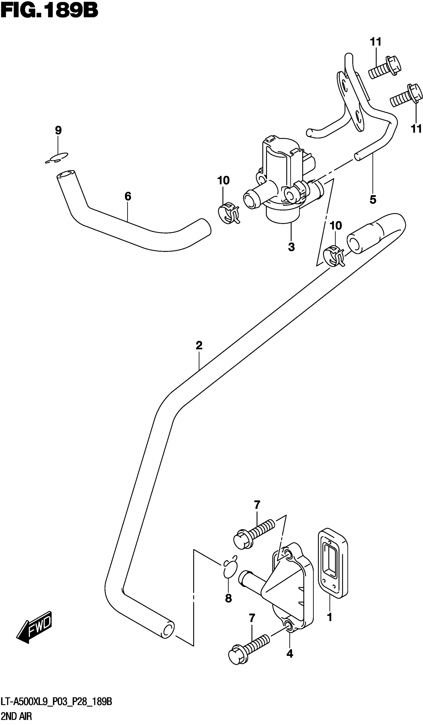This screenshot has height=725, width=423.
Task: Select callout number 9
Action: tap(58, 130)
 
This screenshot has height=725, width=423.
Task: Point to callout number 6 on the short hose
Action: tap(128, 196)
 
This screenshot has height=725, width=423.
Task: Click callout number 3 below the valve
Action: tap(291, 247)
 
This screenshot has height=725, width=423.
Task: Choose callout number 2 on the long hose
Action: tap(199, 345)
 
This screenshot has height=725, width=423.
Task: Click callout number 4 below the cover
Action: tap(290, 654)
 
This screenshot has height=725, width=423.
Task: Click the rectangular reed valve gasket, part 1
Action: tap(333, 564)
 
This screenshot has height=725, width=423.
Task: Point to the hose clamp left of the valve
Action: tap(228, 213)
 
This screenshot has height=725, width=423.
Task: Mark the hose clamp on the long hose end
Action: tap(334, 255)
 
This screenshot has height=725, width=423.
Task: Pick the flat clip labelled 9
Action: tap(57, 158)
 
